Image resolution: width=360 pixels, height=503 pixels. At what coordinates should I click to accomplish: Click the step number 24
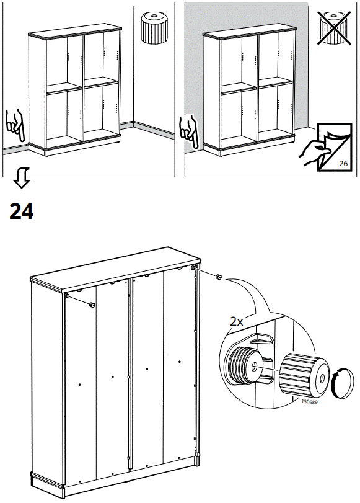coord(22,211)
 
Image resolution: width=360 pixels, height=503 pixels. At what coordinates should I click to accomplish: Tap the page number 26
coord(343,164)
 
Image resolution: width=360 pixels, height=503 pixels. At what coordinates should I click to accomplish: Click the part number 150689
coord(309,402)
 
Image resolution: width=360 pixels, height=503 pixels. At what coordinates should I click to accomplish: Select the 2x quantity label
coord(237,321)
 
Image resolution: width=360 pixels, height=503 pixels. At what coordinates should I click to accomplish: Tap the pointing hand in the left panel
coord(14,125)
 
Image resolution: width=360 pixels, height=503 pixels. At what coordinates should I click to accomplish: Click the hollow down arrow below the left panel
coord(22,178)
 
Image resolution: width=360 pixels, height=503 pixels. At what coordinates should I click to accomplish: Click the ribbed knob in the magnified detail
coord(304,374)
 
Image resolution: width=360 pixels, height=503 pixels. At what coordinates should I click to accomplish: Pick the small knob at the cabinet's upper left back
coord(92,305)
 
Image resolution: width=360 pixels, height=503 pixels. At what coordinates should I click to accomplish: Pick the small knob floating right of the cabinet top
coord(218,277)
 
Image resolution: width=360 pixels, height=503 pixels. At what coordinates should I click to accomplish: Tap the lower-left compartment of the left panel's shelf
coord(64,117)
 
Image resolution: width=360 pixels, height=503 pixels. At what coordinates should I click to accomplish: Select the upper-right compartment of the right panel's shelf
coord(276,57)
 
